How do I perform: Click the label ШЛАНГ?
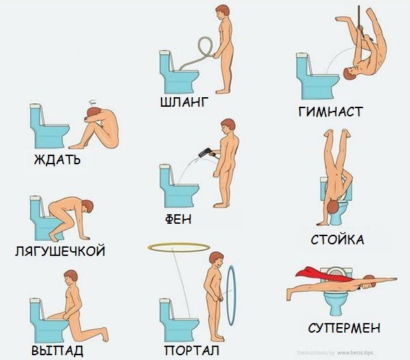click(x=184, y=102)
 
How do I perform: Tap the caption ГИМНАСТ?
click(x=331, y=112)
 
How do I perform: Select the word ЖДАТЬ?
click(x=57, y=159)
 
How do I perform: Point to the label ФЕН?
click(x=178, y=219)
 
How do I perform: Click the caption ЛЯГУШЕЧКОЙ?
click(x=60, y=251)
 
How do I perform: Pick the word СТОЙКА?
click(x=337, y=240)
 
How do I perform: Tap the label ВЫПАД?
click(x=57, y=350)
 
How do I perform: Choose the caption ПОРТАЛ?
click(x=192, y=350)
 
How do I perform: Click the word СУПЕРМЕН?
click(x=344, y=328)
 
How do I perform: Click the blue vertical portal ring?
click(x=231, y=296)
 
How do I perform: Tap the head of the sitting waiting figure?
click(x=93, y=113)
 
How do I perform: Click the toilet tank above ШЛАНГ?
click(x=166, y=62)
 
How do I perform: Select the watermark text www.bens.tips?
click(x=355, y=352)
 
